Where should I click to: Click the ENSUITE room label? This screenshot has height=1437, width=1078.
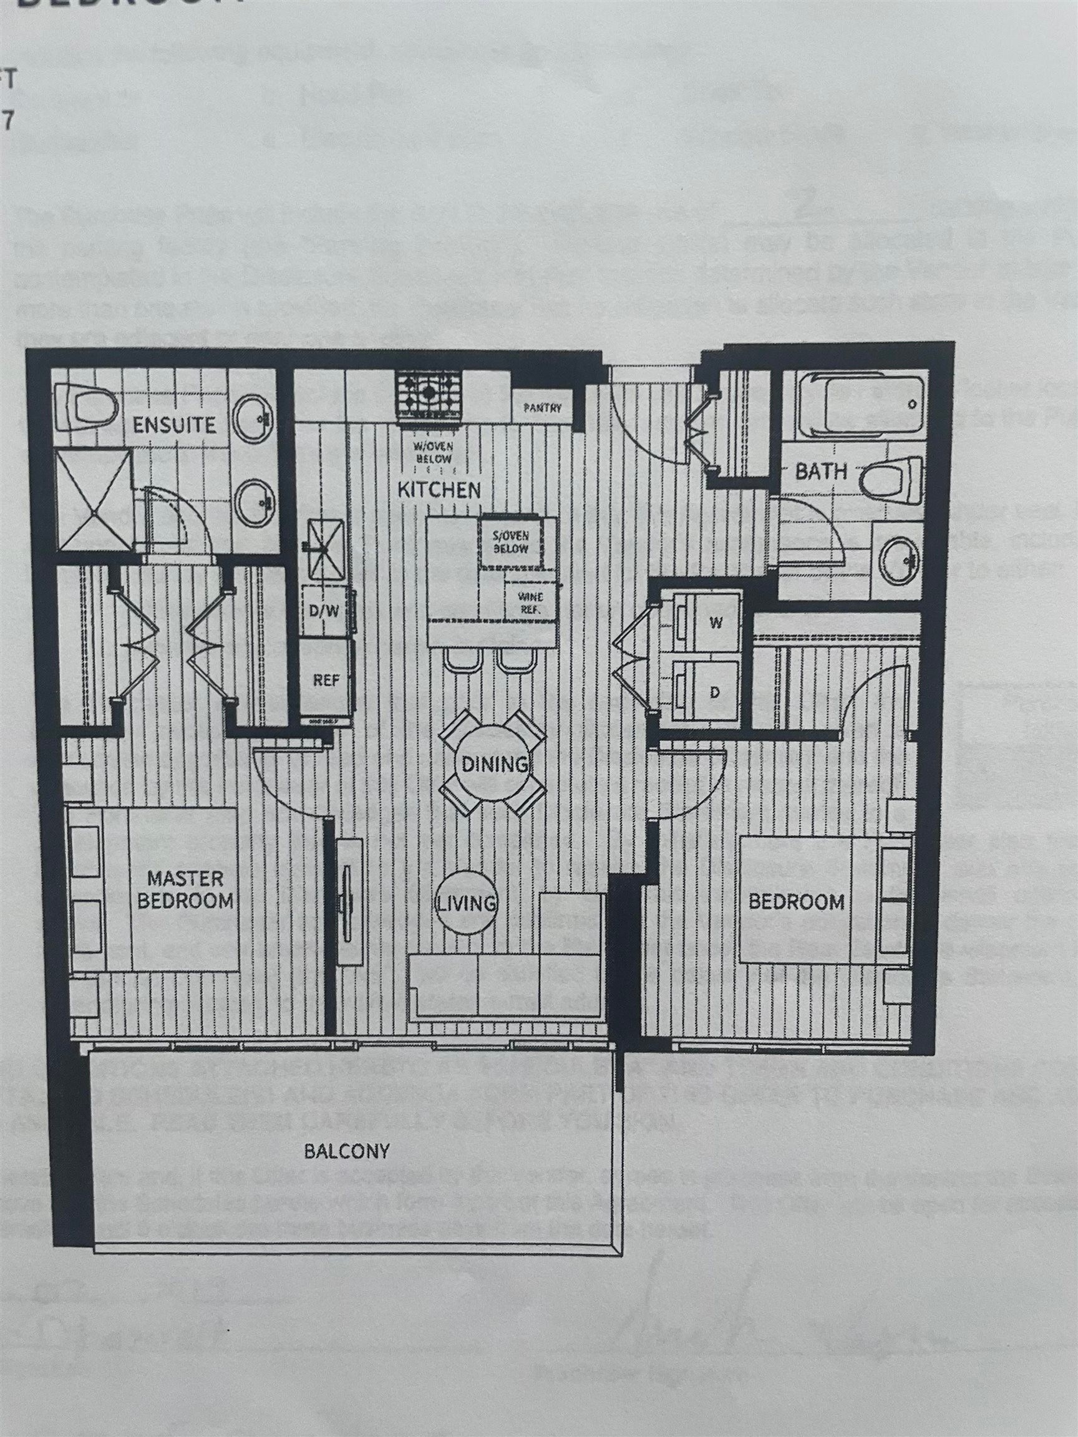[173, 425]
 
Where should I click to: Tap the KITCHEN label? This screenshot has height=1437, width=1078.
[439, 490]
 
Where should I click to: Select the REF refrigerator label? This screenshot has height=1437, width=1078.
[326, 680]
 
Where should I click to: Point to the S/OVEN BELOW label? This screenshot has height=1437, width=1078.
[510, 543]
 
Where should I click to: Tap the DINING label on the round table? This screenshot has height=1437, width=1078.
[494, 764]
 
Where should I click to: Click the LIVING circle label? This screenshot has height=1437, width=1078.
[466, 902]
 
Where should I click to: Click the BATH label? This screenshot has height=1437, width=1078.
[822, 471]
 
